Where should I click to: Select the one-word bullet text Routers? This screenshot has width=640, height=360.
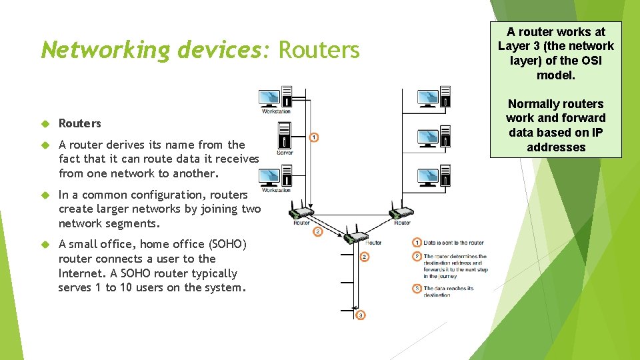pos(80,123)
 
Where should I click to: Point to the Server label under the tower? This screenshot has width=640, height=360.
pos(285,153)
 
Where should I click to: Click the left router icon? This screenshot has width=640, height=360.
pos(301,213)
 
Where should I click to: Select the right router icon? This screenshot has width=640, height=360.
pos(401,213)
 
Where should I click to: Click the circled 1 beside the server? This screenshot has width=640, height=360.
pos(314,137)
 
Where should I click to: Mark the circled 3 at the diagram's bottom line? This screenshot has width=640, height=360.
pos(360,315)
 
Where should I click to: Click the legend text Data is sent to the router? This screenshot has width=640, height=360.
pos(453,242)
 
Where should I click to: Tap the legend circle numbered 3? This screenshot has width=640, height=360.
pos(417,289)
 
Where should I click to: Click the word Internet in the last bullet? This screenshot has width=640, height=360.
pos(81,273)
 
